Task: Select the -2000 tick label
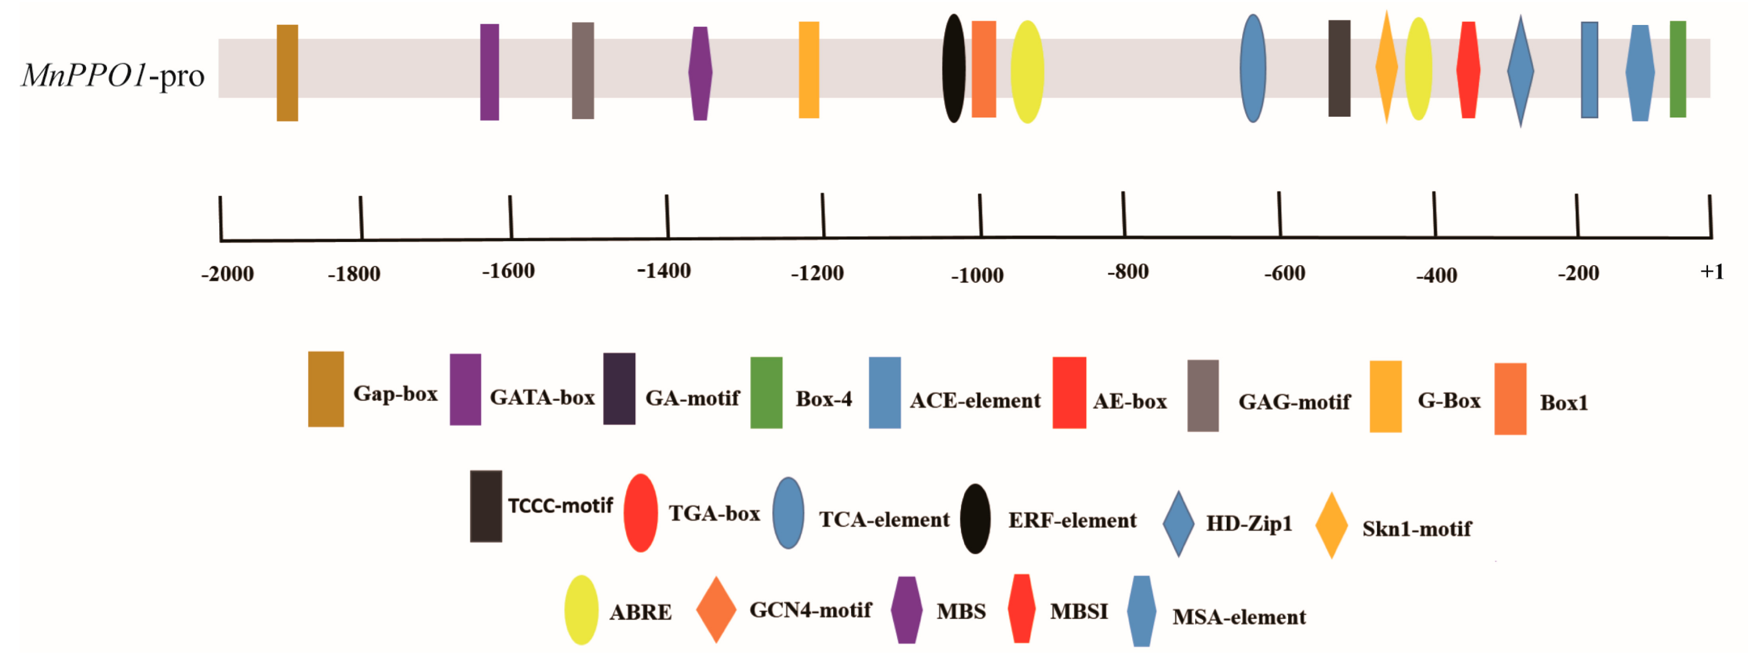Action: coord(227,274)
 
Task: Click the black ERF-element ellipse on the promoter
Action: coord(953,68)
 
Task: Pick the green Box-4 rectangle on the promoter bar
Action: coord(1678,69)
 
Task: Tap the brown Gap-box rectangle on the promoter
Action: coord(287,72)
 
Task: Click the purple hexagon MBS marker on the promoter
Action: coord(700,73)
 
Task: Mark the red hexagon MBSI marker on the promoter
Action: coord(1468,70)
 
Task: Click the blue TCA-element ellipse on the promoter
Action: coord(1253,68)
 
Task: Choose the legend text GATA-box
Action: coord(541,397)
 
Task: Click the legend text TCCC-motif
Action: coord(560,506)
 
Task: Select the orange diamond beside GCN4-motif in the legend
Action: coord(716,609)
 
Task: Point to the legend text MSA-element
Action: coord(1239,617)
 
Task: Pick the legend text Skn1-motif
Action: coord(1416,529)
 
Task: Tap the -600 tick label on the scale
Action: coord(1285,274)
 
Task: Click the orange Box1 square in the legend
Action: coord(1510,399)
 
